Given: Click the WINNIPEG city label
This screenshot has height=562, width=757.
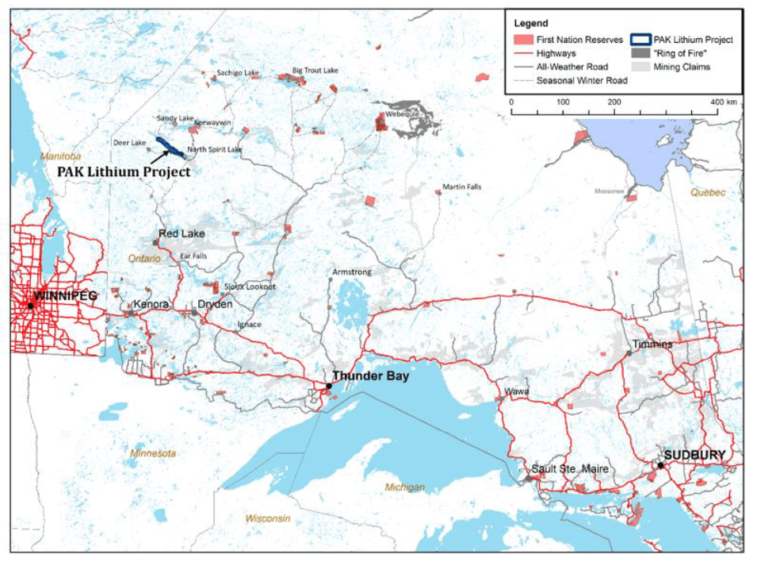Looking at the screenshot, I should (65, 295).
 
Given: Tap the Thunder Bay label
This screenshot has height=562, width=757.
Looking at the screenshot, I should (370, 375).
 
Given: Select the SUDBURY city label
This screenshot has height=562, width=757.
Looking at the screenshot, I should (694, 455).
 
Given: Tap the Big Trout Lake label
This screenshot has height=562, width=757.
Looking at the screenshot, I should (315, 70).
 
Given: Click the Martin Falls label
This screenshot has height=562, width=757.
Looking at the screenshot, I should (462, 187).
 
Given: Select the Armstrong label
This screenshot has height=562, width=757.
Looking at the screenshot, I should (351, 272).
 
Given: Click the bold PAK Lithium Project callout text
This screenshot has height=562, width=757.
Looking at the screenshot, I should (123, 171).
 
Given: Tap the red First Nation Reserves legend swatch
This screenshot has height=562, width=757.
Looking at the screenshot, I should (521, 39).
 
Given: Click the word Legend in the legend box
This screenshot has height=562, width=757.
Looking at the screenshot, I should (530, 24).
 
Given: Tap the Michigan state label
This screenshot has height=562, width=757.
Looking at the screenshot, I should (405, 487).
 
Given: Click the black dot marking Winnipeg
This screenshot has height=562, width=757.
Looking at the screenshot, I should (30, 305).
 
